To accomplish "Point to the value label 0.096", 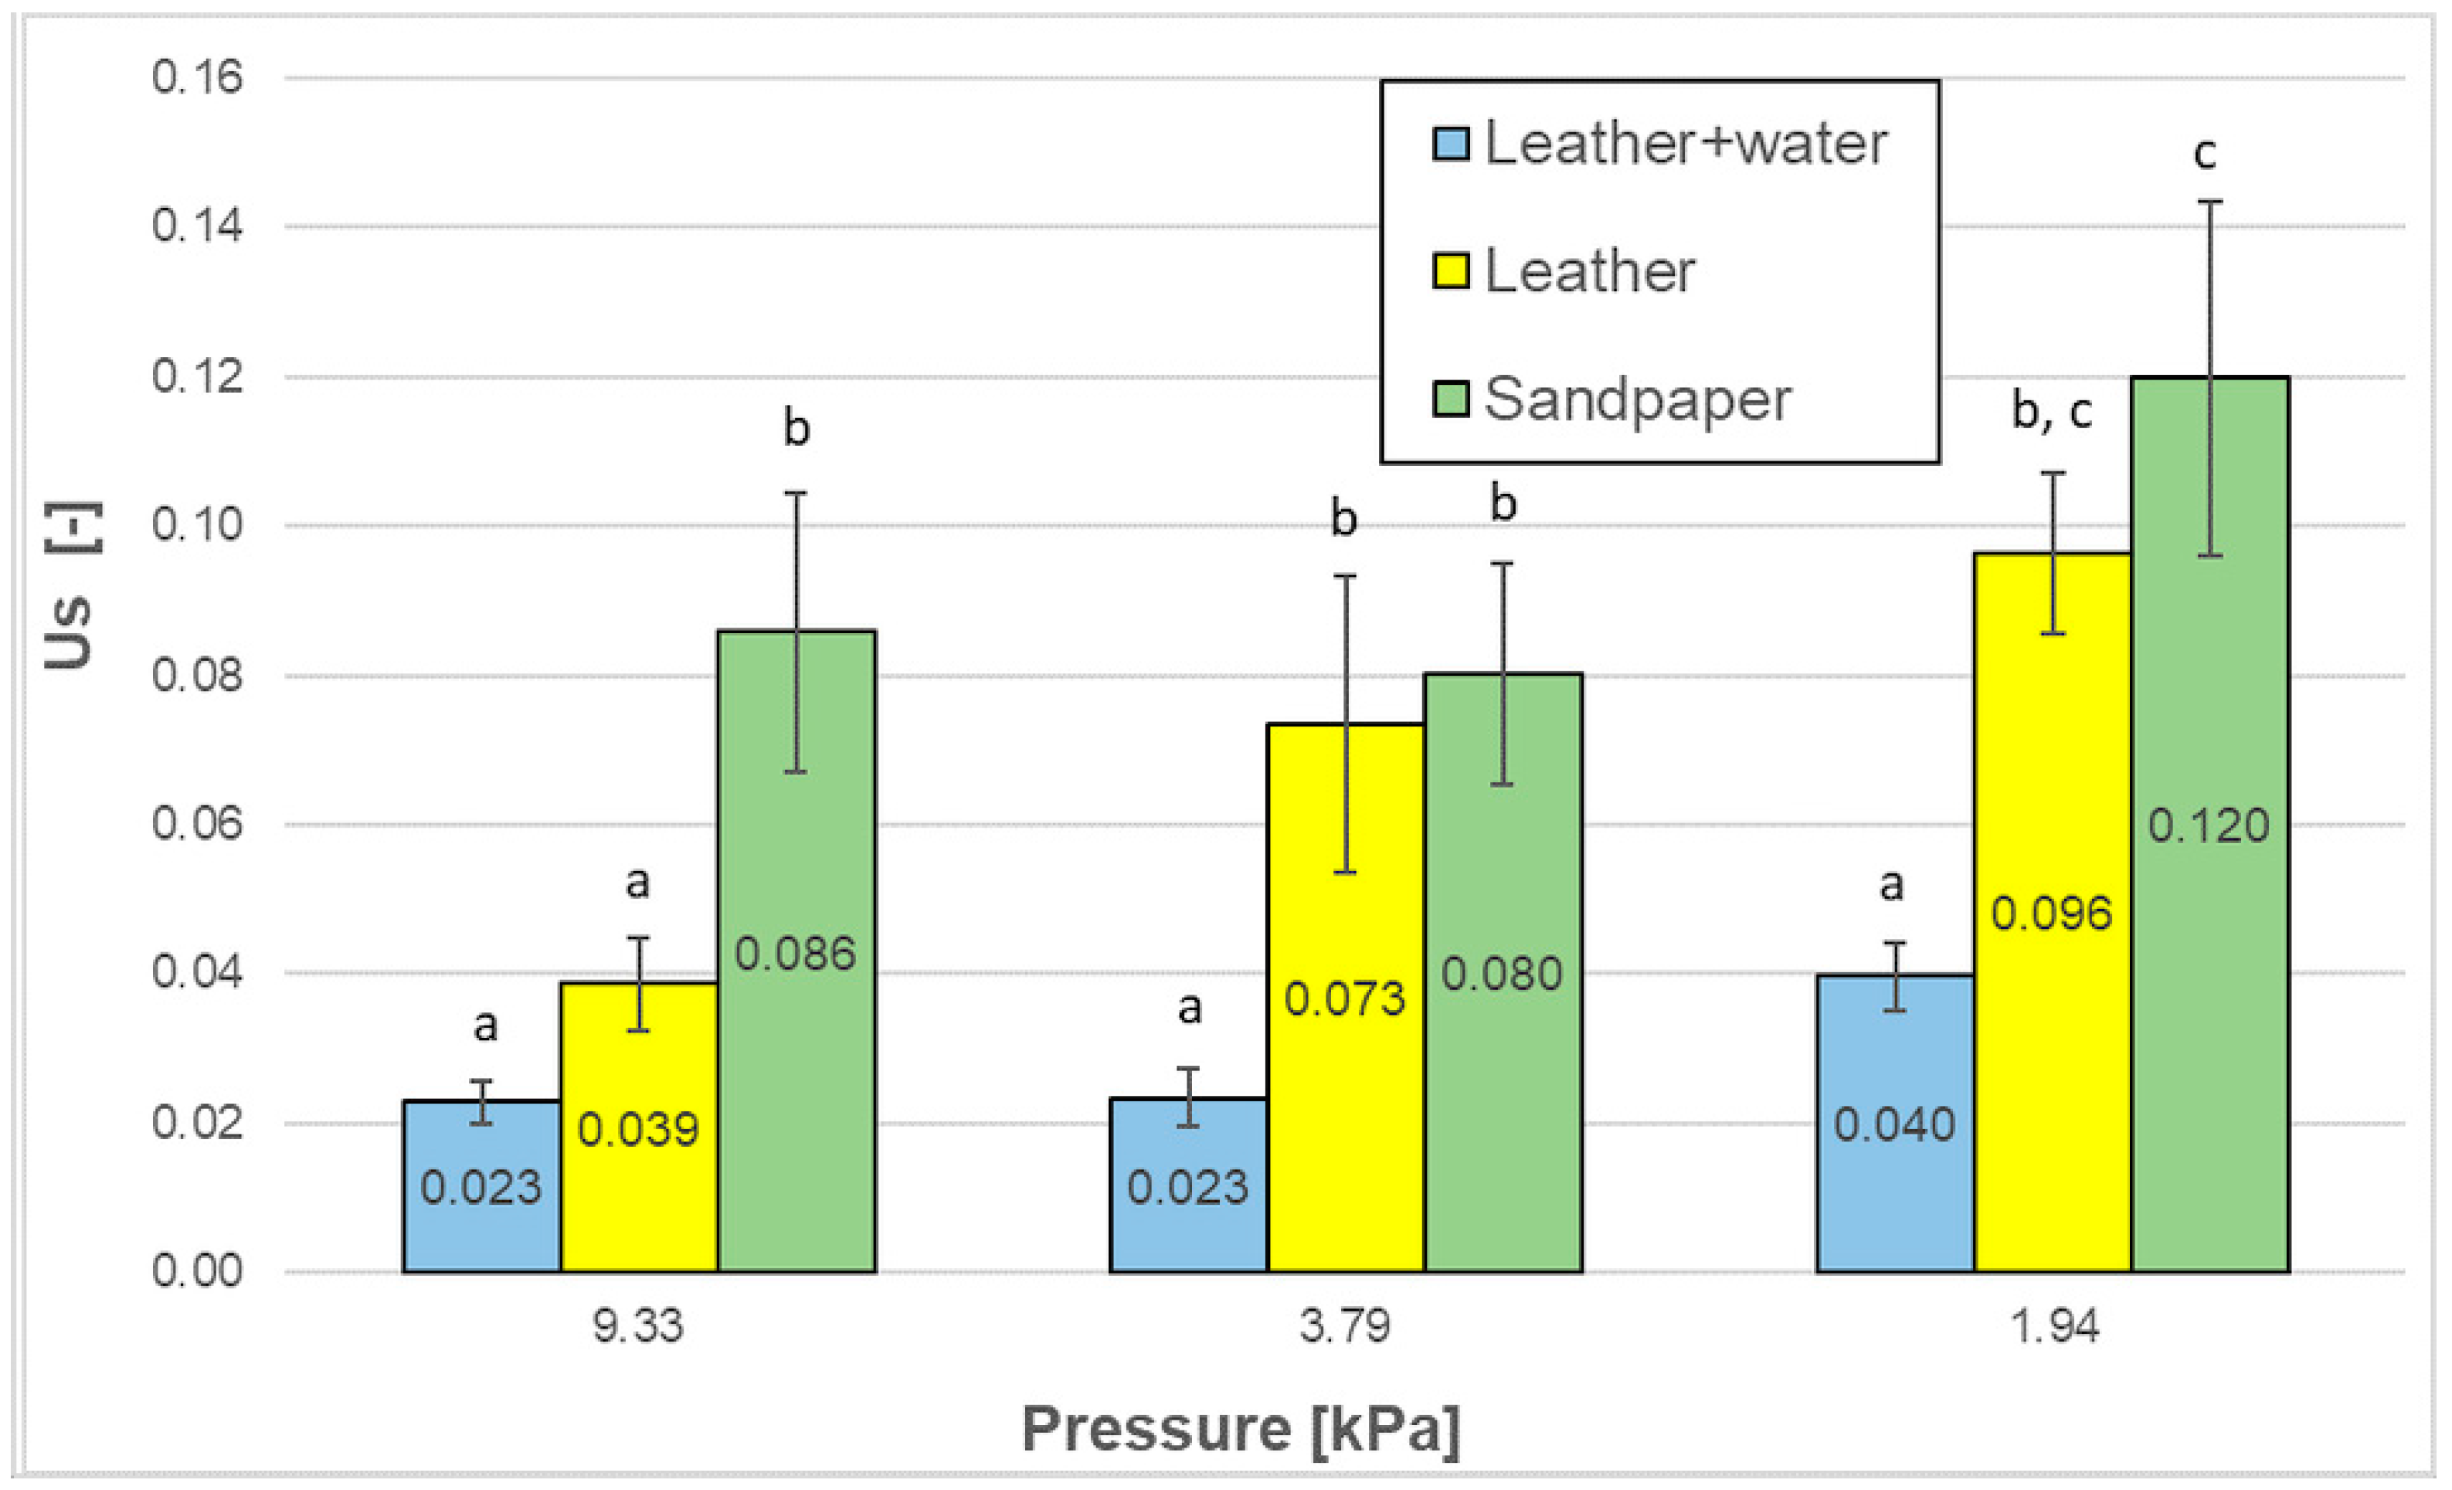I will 2051,913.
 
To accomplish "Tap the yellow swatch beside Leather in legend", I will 1450,270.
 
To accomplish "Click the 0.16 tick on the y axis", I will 197,77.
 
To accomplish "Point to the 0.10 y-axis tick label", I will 197,525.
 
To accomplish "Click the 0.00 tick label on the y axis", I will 197,1271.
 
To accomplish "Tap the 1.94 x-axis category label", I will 2054,1325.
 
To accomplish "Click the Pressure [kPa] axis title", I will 1241,1429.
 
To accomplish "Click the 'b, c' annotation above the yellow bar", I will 2051,410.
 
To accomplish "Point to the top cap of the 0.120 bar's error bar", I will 2210,202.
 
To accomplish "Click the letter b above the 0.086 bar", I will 796,428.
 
